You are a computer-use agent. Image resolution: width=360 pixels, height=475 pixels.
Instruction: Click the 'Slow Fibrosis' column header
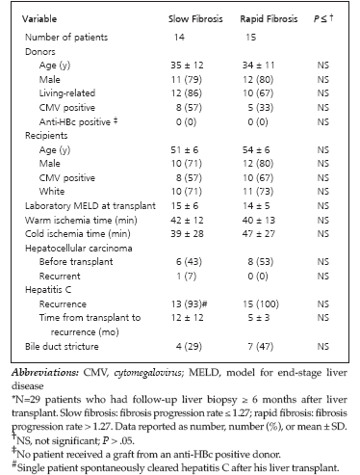tap(195, 19)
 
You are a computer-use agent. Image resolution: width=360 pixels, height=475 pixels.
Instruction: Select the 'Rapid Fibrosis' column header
tap(269, 19)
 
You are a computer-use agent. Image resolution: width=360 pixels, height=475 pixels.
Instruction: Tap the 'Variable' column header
tap(39, 19)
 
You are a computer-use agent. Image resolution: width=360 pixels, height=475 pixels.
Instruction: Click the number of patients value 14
tap(179, 38)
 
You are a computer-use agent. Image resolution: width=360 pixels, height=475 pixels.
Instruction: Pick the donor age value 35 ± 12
tap(187, 66)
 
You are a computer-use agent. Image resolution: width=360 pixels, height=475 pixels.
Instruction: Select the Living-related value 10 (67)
tap(258, 93)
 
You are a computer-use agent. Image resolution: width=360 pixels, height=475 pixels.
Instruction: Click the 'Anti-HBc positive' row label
tap(79, 122)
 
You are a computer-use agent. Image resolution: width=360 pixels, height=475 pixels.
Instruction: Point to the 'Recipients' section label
tap(46, 136)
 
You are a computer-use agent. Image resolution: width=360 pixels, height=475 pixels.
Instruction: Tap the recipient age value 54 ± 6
tap(256, 150)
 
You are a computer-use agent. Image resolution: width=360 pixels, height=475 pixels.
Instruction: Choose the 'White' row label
tap(52, 192)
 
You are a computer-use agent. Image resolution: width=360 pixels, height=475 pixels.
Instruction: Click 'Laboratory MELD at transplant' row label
tap(90, 206)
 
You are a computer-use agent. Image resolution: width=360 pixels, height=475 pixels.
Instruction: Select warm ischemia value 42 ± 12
tap(187, 221)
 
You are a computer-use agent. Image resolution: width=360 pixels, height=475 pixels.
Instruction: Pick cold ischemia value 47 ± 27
tap(259, 234)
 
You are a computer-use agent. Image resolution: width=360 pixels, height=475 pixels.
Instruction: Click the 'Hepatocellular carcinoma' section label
tap(79, 249)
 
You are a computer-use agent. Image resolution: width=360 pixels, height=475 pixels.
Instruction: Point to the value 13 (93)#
tap(190, 304)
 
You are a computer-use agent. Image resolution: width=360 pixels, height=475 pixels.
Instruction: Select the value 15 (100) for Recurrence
tap(261, 304)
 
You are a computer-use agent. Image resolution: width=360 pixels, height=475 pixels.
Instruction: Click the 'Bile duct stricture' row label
tap(62, 347)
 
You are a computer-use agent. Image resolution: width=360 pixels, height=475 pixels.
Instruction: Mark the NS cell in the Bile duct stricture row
tap(323, 347)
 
